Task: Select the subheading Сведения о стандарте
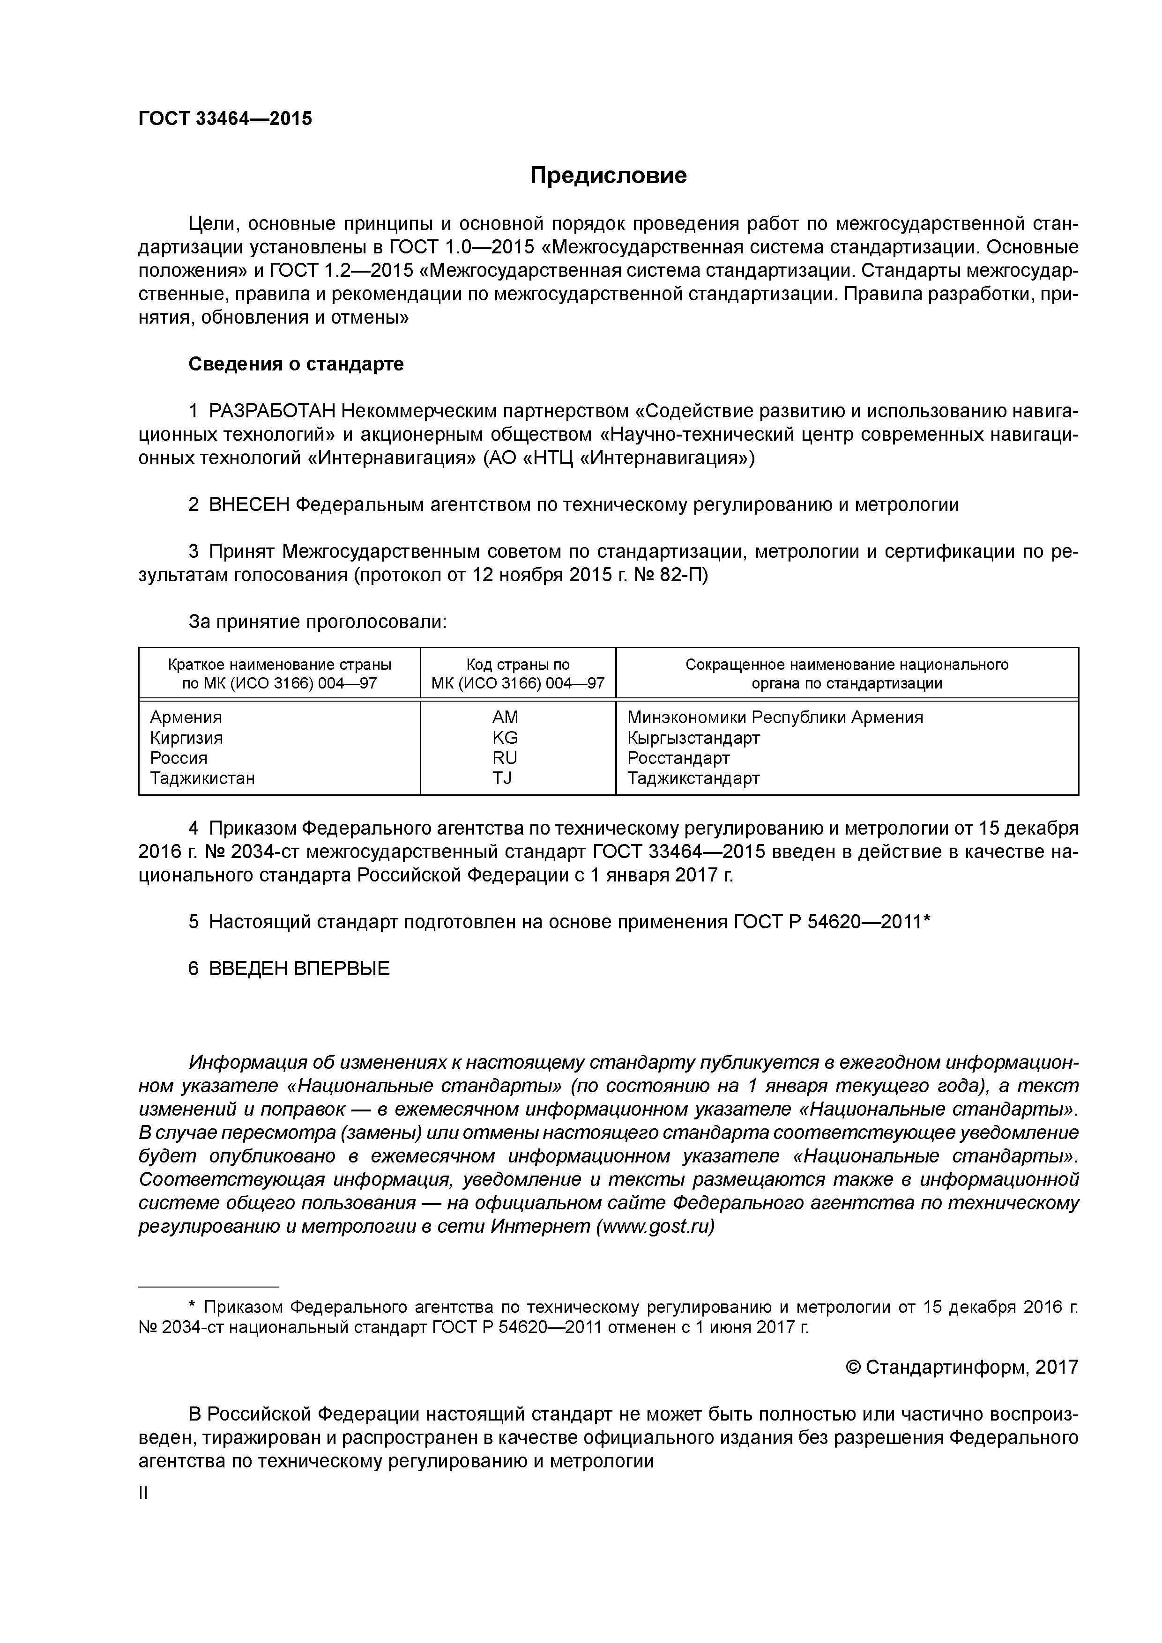(296, 364)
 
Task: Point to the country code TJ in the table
(503, 778)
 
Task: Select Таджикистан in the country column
(202, 778)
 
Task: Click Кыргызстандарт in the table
(693, 738)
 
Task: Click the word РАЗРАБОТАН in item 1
(272, 412)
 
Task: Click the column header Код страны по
(518, 665)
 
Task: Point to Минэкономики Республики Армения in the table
(775, 717)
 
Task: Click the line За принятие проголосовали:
(317, 622)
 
